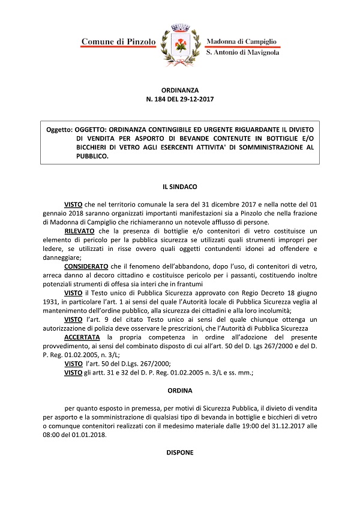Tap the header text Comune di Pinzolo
tap(118, 41)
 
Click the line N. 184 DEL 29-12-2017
tap(179, 98)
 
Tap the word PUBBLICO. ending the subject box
tap(92, 157)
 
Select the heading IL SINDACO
tap(179, 188)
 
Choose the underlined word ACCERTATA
tap(82, 320)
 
